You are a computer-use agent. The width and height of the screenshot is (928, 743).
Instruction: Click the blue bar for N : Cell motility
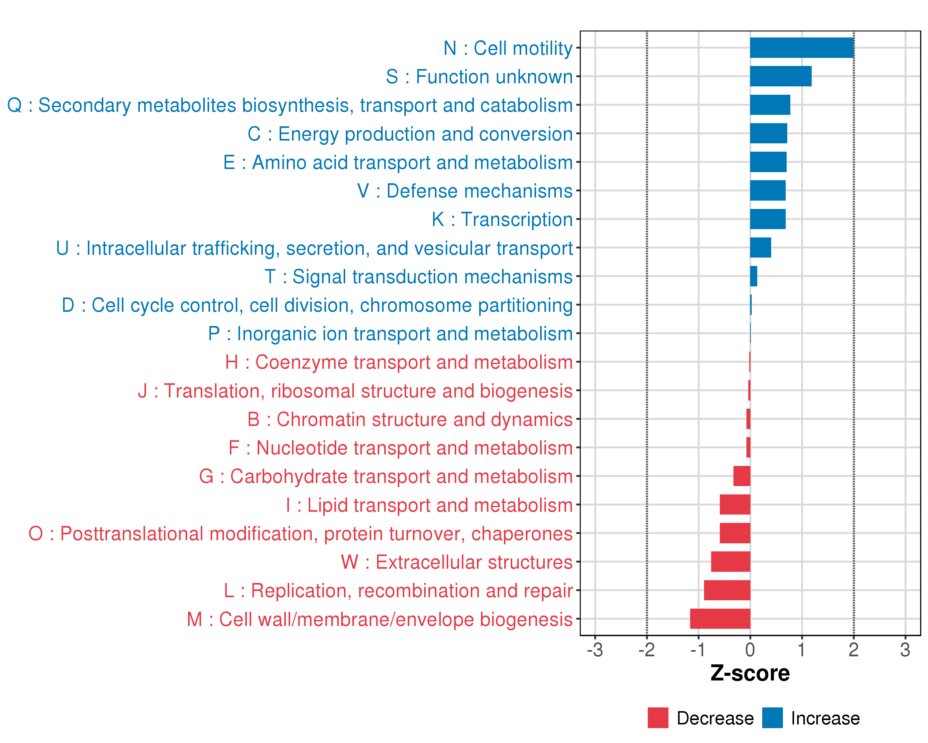coord(801,48)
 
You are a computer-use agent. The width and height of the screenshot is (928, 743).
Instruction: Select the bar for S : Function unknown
coord(781,76)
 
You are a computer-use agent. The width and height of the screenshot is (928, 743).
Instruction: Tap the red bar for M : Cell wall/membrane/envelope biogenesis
coord(720,619)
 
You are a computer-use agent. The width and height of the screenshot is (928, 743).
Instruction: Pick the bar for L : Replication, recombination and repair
coord(727,590)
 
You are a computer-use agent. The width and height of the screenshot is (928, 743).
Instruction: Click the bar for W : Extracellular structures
coord(730,562)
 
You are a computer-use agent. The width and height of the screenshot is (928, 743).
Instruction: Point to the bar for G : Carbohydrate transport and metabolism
coord(741,476)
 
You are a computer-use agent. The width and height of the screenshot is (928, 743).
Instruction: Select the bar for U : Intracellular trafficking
coord(761,248)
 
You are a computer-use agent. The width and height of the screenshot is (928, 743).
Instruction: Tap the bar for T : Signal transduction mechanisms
coord(754,276)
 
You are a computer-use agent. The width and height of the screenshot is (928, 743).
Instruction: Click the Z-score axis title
coord(750,673)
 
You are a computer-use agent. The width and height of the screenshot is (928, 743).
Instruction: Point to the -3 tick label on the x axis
coord(595,650)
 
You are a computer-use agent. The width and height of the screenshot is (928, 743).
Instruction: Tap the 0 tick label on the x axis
coord(750,650)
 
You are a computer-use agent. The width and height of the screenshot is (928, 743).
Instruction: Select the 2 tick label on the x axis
coord(853,650)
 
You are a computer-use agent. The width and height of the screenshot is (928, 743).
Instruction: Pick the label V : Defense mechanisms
coord(465,191)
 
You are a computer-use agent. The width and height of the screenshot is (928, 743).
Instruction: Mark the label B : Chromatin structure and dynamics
coord(410,419)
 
